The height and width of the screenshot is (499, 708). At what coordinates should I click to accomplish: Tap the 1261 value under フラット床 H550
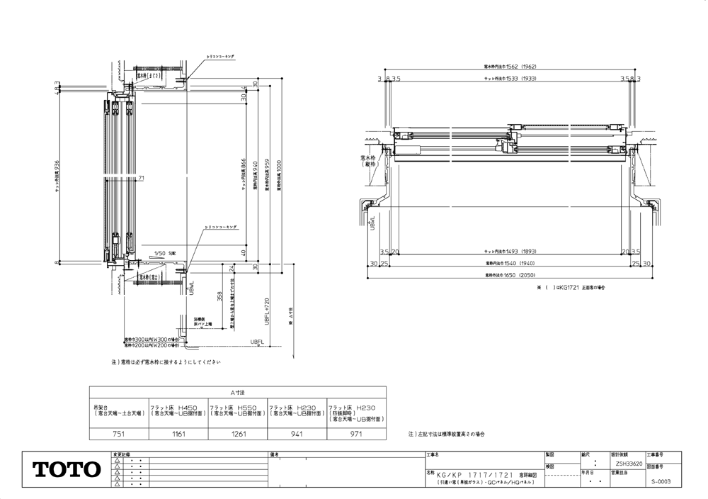[238, 433]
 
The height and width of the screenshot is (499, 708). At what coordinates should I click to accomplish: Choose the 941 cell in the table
[296, 433]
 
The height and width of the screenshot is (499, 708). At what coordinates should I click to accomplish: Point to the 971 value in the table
[356, 433]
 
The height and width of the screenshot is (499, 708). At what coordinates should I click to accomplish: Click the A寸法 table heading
[236, 391]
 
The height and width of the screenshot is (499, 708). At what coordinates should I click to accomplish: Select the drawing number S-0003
[661, 481]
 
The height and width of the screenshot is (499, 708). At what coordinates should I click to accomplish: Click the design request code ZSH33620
[626, 463]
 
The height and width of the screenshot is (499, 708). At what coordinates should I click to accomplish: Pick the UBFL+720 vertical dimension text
[267, 310]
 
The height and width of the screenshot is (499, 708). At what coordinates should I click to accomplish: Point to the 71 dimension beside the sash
[142, 178]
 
